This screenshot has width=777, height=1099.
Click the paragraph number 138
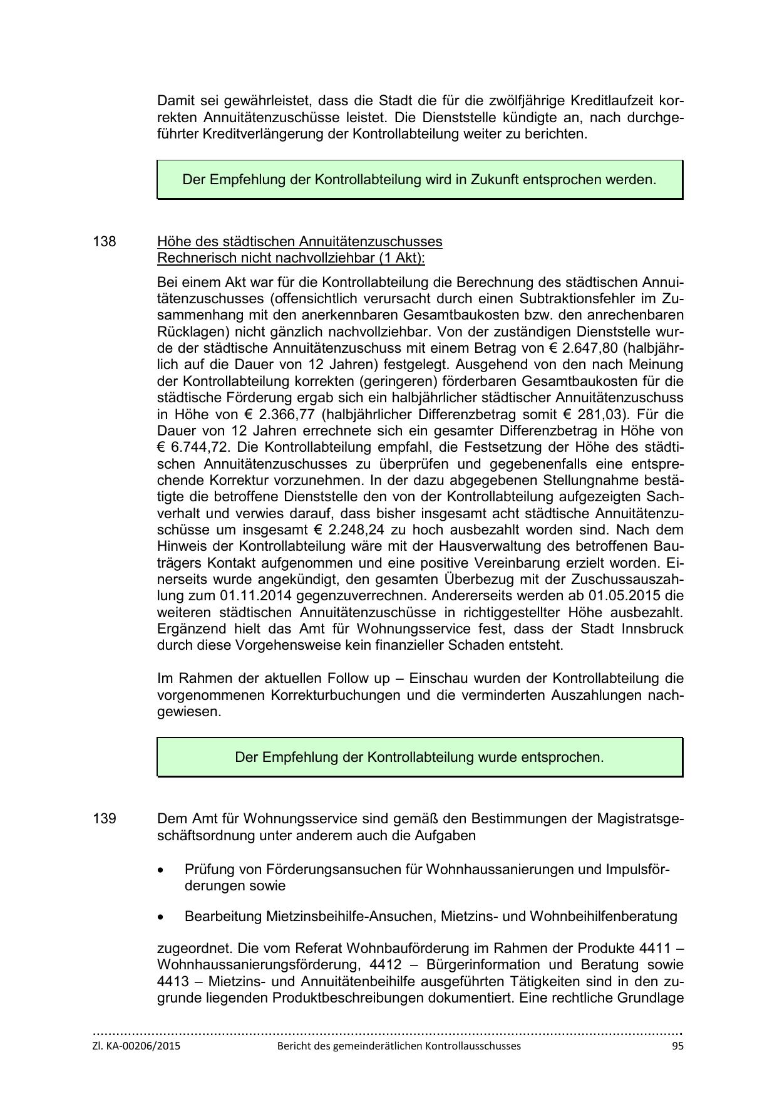click(x=105, y=242)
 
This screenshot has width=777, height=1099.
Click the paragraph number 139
click(x=105, y=819)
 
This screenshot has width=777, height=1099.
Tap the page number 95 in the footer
click(x=677, y=1046)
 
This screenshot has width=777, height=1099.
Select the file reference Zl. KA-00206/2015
click(x=136, y=1046)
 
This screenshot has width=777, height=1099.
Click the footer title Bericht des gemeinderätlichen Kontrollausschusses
click(x=399, y=1046)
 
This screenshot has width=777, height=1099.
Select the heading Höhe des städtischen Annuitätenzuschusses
click(x=299, y=242)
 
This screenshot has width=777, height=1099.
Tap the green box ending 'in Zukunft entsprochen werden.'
click(x=419, y=180)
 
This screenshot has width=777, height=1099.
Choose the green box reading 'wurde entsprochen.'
click(x=419, y=757)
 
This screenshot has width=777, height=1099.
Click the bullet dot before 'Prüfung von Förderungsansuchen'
click(x=162, y=871)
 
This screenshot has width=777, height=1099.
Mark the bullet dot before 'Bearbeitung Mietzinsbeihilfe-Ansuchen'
click(x=162, y=917)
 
